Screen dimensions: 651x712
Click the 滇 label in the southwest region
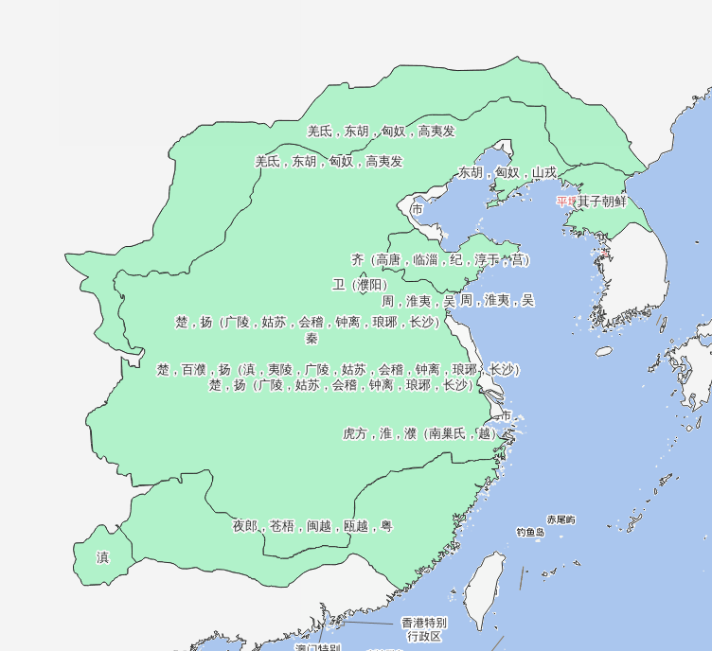tap(102, 558)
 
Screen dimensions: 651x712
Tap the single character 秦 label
tap(311, 338)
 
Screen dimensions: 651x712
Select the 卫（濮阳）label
tap(359, 285)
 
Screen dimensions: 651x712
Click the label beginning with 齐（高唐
tap(440, 259)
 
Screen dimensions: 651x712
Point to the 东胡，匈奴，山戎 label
tap(507, 172)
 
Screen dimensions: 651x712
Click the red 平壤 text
tap(566, 201)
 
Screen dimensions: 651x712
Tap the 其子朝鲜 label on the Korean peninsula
tap(602, 201)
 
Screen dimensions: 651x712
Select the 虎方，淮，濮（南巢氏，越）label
tap(418, 433)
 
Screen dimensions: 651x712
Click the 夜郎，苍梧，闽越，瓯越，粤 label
tap(312, 526)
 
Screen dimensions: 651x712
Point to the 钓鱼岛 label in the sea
tap(530, 533)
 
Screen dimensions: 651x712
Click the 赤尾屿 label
tap(561, 519)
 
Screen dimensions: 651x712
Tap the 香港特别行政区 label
tap(423, 629)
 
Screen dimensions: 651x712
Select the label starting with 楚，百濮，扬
tap(338, 369)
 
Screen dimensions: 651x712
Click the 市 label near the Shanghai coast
tap(506, 415)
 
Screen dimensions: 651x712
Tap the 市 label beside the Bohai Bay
tap(418, 208)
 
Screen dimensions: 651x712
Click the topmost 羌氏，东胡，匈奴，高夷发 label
tap(381, 132)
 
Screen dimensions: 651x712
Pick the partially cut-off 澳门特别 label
tap(317, 647)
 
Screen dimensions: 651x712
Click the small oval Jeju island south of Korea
tap(604, 351)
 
